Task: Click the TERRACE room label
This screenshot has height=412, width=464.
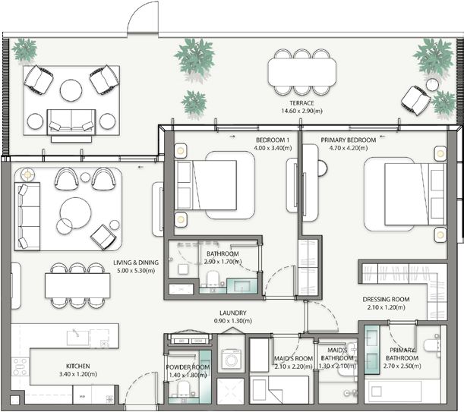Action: [x=301, y=103]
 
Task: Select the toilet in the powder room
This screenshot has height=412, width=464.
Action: [x=183, y=388]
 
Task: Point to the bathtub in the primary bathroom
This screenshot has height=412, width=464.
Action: [x=393, y=392]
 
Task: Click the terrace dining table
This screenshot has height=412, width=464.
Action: [x=302, y=72]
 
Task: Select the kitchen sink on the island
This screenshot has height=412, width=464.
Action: [x=78, y=338]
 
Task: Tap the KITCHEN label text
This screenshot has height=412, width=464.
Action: [x=78, y=366]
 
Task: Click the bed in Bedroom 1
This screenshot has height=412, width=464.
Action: [x=206, y=185]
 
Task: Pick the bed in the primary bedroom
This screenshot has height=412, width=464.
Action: [x=415, y=194]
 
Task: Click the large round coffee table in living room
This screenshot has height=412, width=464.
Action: [x=75, y=213]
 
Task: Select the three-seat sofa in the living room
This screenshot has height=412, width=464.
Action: [x=27, y=217]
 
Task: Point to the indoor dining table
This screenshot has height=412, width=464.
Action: [x=77, y=285]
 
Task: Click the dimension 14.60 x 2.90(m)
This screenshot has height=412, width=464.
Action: [x=301, y=112]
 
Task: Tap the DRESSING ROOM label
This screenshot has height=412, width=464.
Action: [x=387, y=299]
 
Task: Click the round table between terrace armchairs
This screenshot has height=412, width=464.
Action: [x=71, y=90]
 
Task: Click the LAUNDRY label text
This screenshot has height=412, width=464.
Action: [x=233, y=313]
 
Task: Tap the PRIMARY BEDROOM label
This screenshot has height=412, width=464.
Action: [x=349, y=140]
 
